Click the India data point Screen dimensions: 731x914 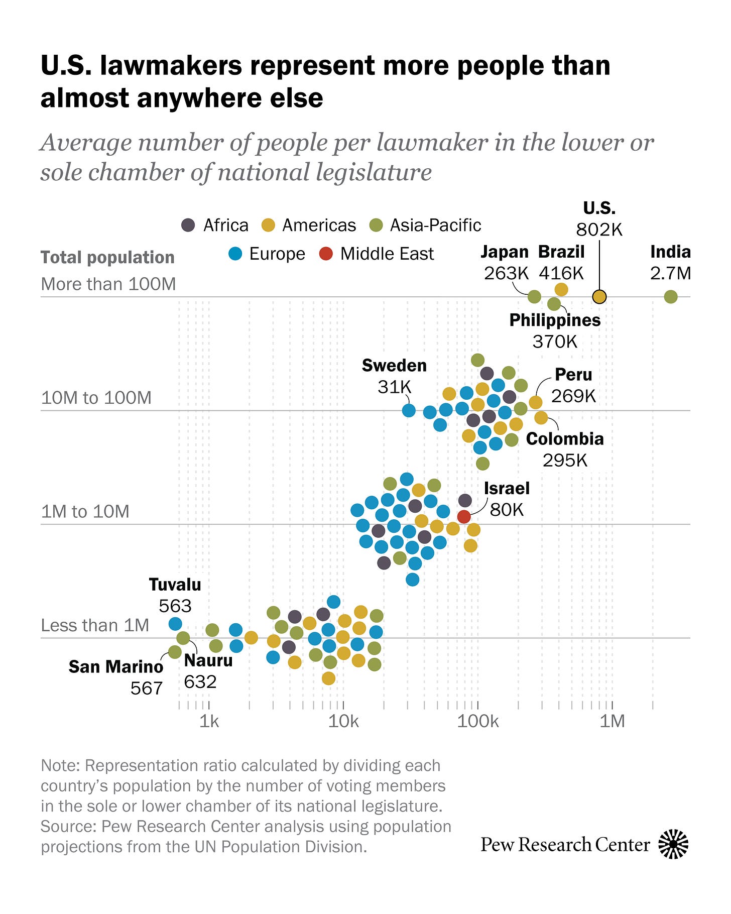[671, 297]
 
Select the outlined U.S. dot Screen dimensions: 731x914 [599, 297]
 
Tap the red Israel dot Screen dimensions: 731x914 [464, 516]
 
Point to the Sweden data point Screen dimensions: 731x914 [409, 410]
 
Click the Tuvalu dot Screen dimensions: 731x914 [175, 624]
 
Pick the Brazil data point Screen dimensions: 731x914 [561, 289]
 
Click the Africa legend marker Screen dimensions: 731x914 [188, 225]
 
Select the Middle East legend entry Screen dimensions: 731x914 [377, 254]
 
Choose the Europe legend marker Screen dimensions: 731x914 [235, 254]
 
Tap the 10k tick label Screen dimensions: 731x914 [343, 721]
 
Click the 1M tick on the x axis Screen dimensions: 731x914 [613, 721]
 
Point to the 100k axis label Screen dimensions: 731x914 [477, 721]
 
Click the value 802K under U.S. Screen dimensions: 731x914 [599, 230]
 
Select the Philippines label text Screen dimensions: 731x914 [555, 320]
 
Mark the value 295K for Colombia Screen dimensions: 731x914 [565, 460]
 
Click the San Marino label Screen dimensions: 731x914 [116, 666]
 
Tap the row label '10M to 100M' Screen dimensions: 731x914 [96, 398]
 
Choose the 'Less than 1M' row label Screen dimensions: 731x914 [95, 625]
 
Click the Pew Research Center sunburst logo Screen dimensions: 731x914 [673, 844]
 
